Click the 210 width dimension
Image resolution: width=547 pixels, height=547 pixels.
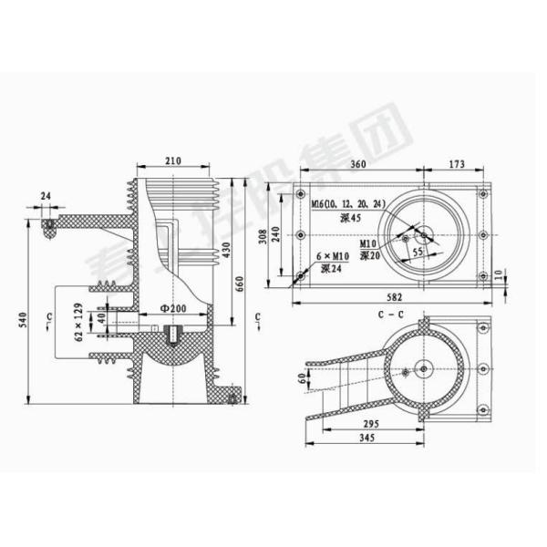point(173,161)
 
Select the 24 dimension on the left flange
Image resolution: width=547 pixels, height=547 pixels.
point(46,196)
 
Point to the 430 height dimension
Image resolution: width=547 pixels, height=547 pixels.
point(226,248)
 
